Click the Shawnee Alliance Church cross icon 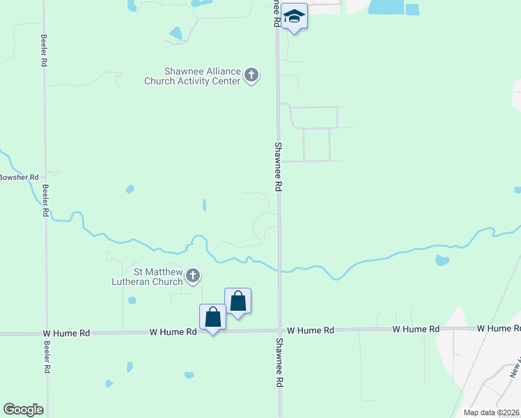point(251,75)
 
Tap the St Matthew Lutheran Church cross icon point(193,277)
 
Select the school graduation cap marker point(295,17)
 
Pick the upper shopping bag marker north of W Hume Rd point(238,301)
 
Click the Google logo point(23,410)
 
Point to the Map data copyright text point(492,412)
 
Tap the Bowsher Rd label point(19,178)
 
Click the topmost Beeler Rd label point(44,50)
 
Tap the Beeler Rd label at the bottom point(46,359)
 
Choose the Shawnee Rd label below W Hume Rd point(279,363)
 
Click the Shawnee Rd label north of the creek point(278,167)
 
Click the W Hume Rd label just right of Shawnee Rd point(311,330)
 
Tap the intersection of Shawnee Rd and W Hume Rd point(279,331)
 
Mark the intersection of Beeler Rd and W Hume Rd point(46,334)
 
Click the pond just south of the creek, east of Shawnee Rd point(441,261)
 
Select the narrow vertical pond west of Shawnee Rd point(204,205)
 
